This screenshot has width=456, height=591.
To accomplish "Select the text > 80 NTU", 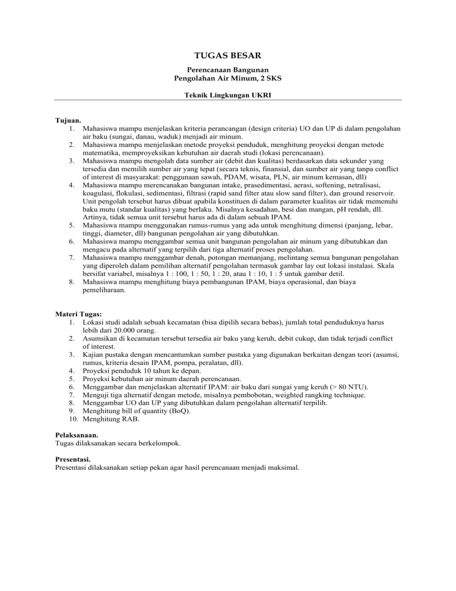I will coord(353,386).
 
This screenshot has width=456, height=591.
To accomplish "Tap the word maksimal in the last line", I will coord(284,467).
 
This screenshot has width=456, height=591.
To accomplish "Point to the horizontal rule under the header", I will coord(227,100).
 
